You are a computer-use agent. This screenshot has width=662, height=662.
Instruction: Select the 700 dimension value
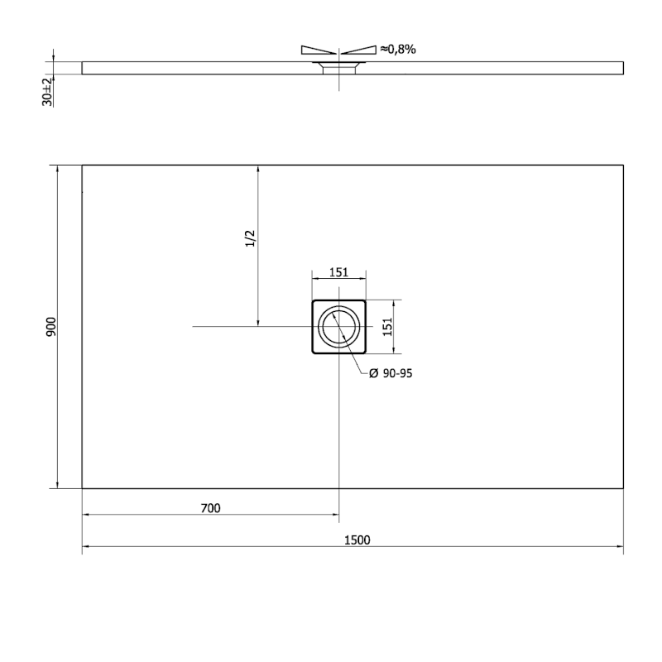click(x=210, y=508)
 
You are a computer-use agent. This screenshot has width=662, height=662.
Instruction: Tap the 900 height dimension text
click(x=50, y=327)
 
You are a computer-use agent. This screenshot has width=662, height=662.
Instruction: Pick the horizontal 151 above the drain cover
click(x=338, y=271)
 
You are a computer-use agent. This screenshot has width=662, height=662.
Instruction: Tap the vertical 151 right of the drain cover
click(x=386, y=327)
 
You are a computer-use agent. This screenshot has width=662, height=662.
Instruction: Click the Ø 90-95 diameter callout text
click(x=390, y=374)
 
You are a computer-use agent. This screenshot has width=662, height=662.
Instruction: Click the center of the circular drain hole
click(x=338, y=327)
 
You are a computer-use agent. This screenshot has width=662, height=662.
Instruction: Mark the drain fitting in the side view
click(x=338, y=66)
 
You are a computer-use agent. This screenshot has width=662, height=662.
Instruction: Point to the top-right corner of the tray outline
click(x=622, y=165)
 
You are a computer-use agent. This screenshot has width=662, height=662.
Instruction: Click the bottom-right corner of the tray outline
click(x=622, y=488)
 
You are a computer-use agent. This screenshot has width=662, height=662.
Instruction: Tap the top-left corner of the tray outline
click(x=82, y=165)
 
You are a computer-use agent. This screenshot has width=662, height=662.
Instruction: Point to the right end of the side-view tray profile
click(x=622, y=68)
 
